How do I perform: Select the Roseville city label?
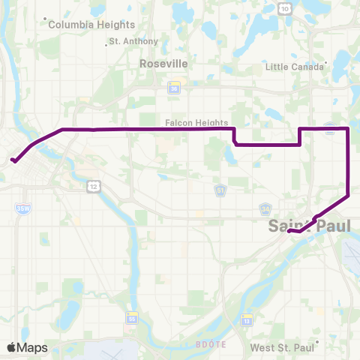tap(163, 64)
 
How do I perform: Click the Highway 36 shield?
tap(174, 89)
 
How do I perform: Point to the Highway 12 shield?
tap(92, 185)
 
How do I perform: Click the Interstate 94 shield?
tap(265, 208)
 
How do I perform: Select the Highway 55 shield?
tap(132, 316)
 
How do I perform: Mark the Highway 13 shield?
tap(246, 300)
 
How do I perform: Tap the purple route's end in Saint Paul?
tap(289, 232)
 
